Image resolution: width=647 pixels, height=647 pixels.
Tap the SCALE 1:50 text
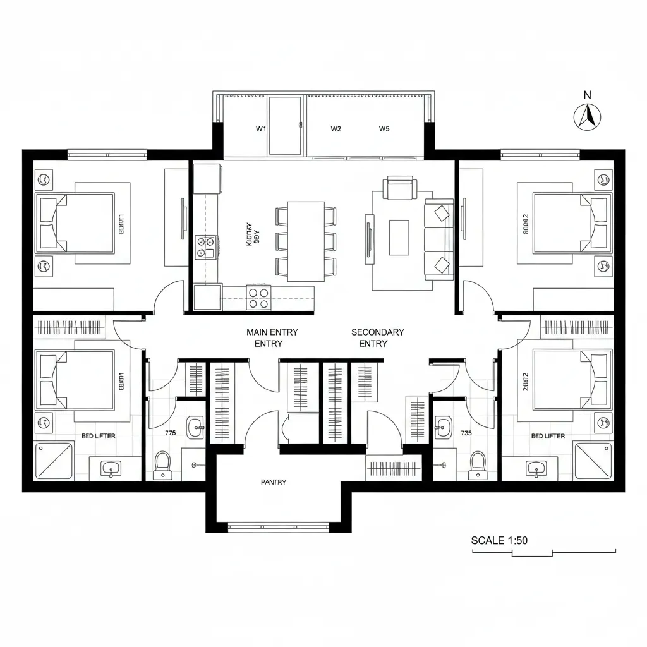click(499, 540)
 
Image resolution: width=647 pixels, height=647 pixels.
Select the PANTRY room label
click(273, 482)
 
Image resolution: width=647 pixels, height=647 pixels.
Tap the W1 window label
click(260, 128)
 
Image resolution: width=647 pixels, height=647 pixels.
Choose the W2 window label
click(336, 128)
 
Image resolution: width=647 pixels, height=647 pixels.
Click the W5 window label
click(384, 128)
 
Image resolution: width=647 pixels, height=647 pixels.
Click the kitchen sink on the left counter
click(206, 247)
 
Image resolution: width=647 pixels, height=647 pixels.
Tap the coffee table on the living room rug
click(399, 237)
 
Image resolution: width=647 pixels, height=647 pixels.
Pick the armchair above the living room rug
click(399, 188)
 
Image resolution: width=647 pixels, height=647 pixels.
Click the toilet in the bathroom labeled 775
click(162, 464)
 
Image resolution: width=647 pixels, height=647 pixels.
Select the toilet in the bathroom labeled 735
click(478, 464)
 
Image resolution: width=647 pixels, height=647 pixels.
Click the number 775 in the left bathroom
click(170, 433)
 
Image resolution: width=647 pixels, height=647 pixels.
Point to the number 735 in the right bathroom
click(466, 433)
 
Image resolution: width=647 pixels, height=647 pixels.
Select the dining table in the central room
click(306, 241)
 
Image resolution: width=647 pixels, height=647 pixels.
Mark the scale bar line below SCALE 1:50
click(544, 553)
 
